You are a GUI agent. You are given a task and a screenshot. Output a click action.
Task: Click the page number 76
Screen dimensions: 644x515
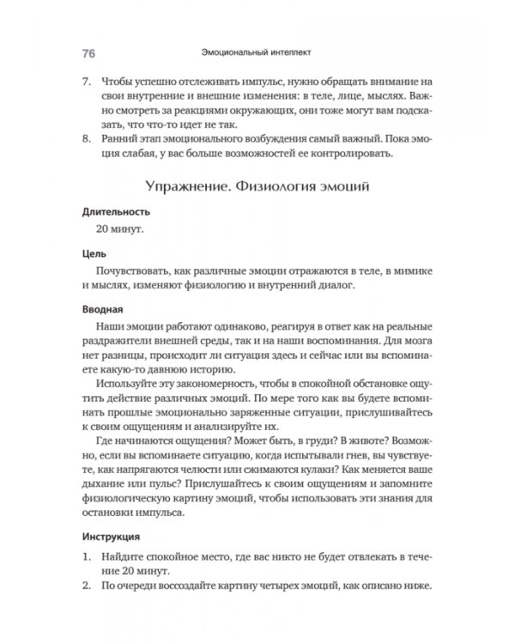coord(88,52)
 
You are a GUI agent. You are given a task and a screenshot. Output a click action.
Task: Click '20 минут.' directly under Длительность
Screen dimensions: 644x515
coord(119,230)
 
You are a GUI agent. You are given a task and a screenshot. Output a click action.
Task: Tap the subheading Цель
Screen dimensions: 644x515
coord(93,255)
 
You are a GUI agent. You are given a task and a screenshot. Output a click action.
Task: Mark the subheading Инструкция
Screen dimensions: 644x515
coord(112,537)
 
